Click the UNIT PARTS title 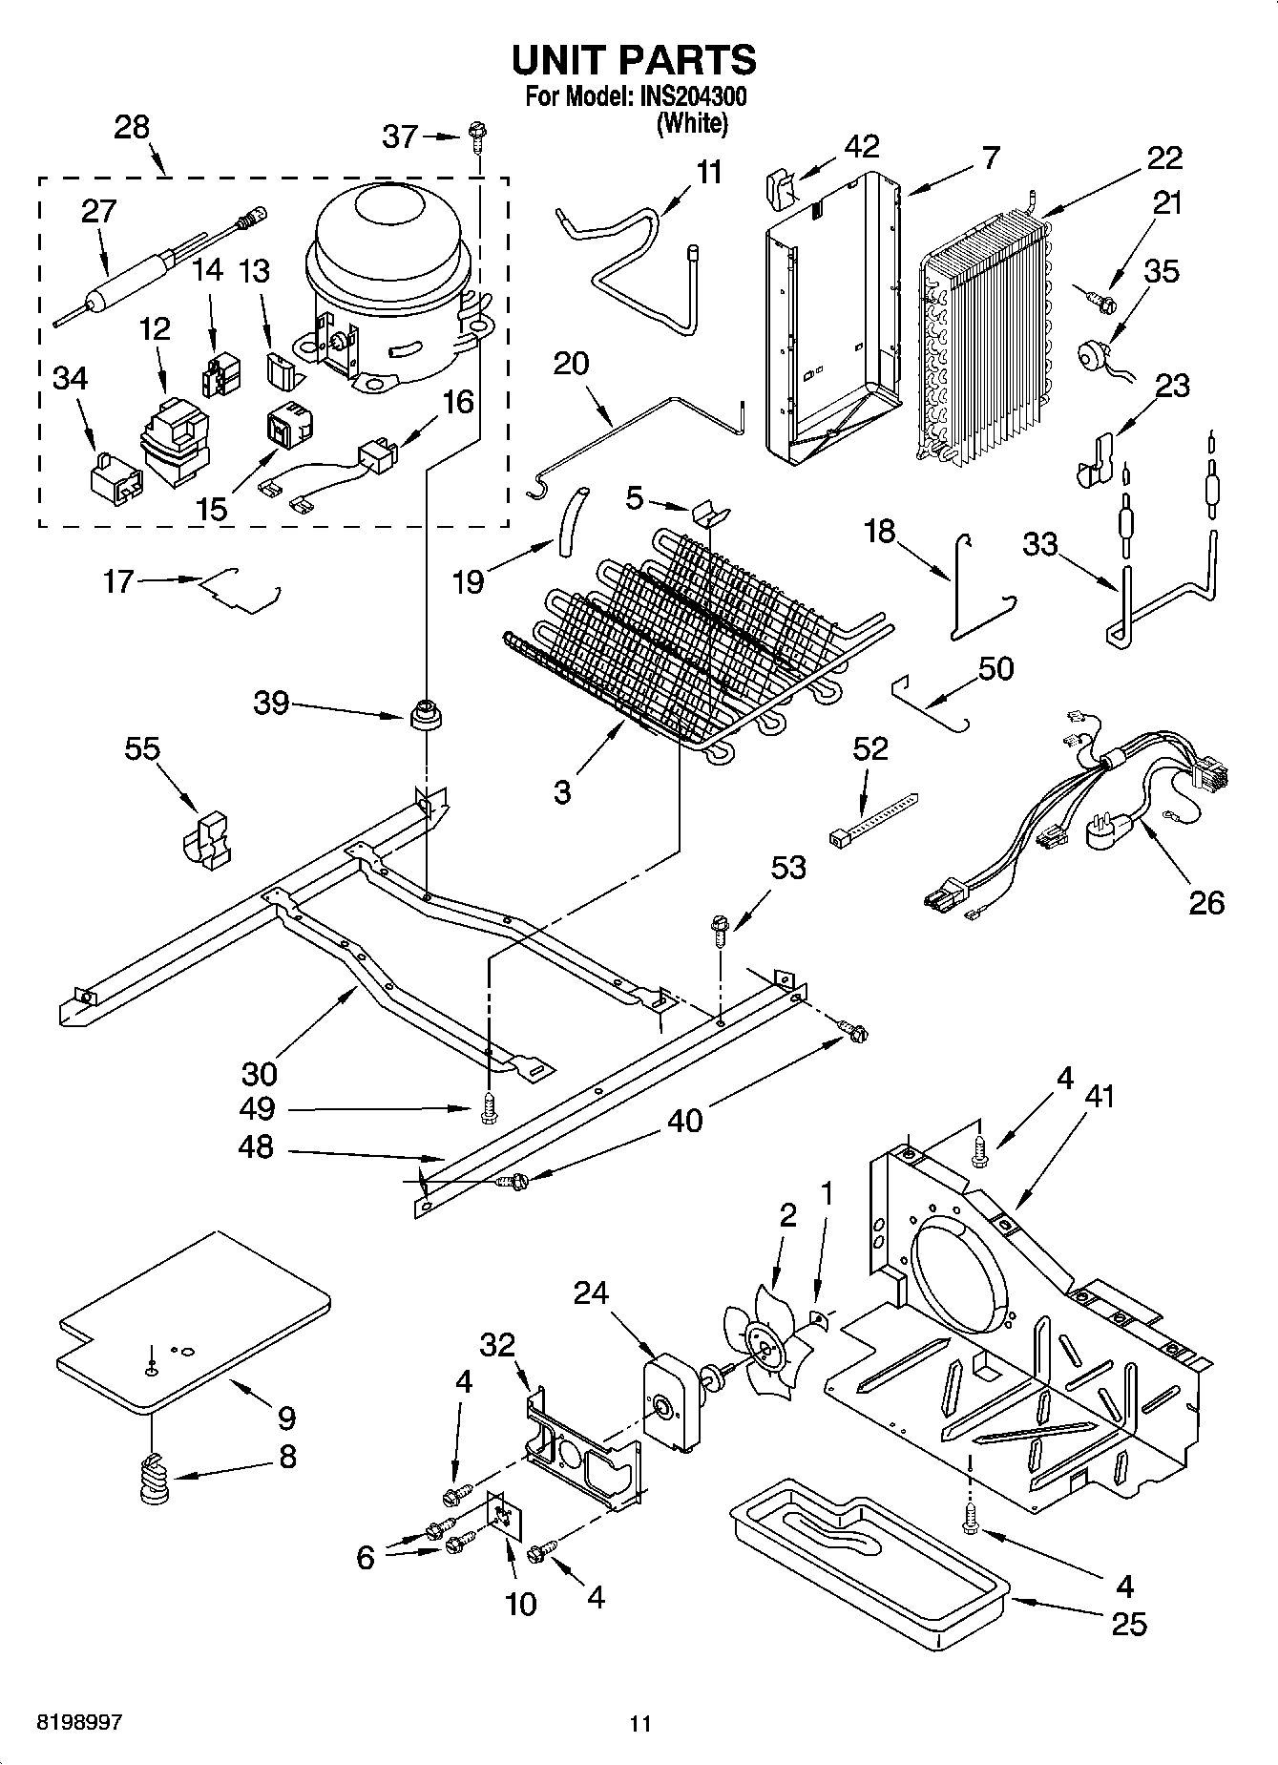634,60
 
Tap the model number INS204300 688,97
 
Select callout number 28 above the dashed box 132,128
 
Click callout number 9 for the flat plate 286,1418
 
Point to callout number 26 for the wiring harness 1205,901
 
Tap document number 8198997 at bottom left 79,1722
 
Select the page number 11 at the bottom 639,1723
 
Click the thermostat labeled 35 1089,357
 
